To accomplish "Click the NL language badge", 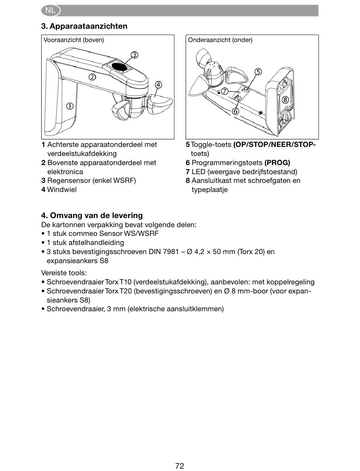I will click(x=50, y=11).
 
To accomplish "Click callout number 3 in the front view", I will click(x=135, y=55).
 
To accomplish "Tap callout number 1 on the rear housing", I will click(x=70, y=106).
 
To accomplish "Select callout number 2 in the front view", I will click(x=92, y=78).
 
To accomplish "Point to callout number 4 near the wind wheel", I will click(x=158, y=85).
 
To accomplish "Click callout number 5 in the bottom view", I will click(x=258, y=72).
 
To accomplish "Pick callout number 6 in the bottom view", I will click(x=235, y=111).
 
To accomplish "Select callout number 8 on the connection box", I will click(x=285, y=100).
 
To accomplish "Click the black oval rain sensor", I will click(x=120, y=67).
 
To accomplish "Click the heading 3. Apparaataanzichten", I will click(x=84, y=26).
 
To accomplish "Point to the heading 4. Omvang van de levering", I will click(x=92, y=215).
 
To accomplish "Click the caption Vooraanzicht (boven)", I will click(x=74, y=40).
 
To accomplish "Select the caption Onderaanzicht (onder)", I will click(x=220, y=40).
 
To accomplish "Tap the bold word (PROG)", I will click(x=277, y=163).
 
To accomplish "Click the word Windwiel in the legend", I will click(x=62, y=190).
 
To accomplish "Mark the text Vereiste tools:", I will click(x=64, y=273).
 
